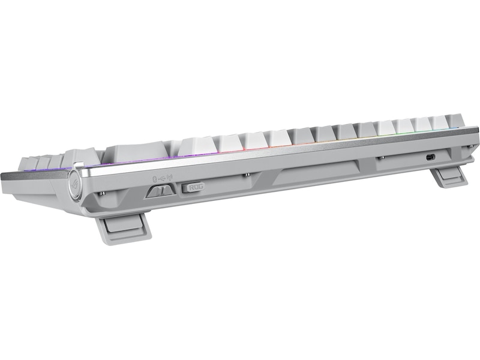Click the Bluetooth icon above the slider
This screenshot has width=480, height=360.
click(x=153, y=178)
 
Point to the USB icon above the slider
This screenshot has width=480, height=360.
click(x=161, y=178)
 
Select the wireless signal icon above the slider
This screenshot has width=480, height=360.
click(x=169, y=177)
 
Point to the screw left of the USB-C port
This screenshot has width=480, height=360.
click(x=380, y=158)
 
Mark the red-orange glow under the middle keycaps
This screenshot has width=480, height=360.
click(x=258, y=147)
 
